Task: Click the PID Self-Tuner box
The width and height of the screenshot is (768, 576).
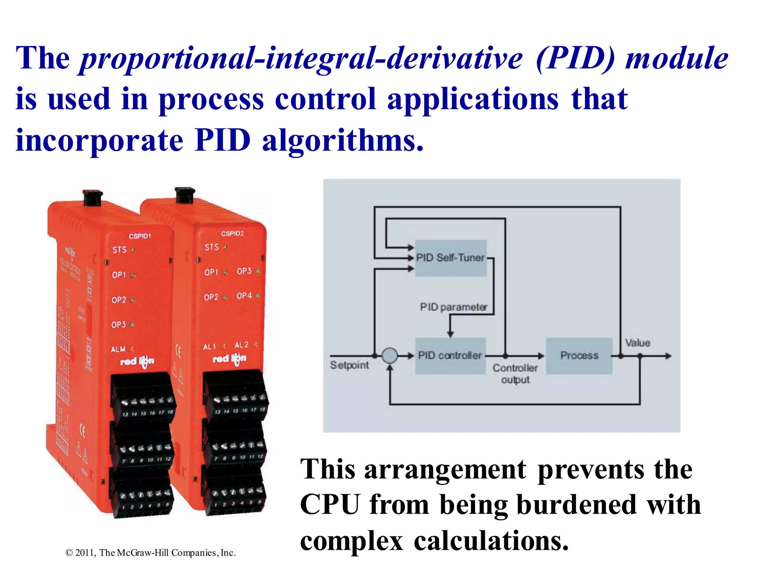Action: click(451, 258)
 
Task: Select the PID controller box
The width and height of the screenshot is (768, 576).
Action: click(450, 355)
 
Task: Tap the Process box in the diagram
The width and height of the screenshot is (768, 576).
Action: click(579, 355)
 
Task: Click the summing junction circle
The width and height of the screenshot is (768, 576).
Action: click(390, 355)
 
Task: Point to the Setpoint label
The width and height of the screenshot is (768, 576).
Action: click(349, 365)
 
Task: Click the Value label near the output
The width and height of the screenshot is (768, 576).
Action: click(637, 343)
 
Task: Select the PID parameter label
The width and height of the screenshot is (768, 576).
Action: click(453, 307)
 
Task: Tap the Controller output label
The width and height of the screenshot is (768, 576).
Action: click(515, 373)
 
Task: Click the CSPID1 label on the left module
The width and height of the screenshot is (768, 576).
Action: click(140, 236)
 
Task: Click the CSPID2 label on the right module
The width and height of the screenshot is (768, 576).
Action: click(232, 234)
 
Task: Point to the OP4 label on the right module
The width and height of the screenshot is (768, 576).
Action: click(244, 296)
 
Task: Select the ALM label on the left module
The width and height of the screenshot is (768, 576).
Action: click(118, 349)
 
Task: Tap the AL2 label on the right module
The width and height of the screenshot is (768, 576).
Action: click(241, 345)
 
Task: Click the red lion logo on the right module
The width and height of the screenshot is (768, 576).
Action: click(229, 359)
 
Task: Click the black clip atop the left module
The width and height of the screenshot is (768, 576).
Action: click(93, 198)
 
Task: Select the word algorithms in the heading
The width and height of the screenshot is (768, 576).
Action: click(343, 141)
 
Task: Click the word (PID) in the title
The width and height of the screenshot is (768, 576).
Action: click(576, 58)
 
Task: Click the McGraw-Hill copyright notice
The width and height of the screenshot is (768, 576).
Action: click(150, 553)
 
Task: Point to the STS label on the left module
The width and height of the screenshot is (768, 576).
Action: click(120, 250)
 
